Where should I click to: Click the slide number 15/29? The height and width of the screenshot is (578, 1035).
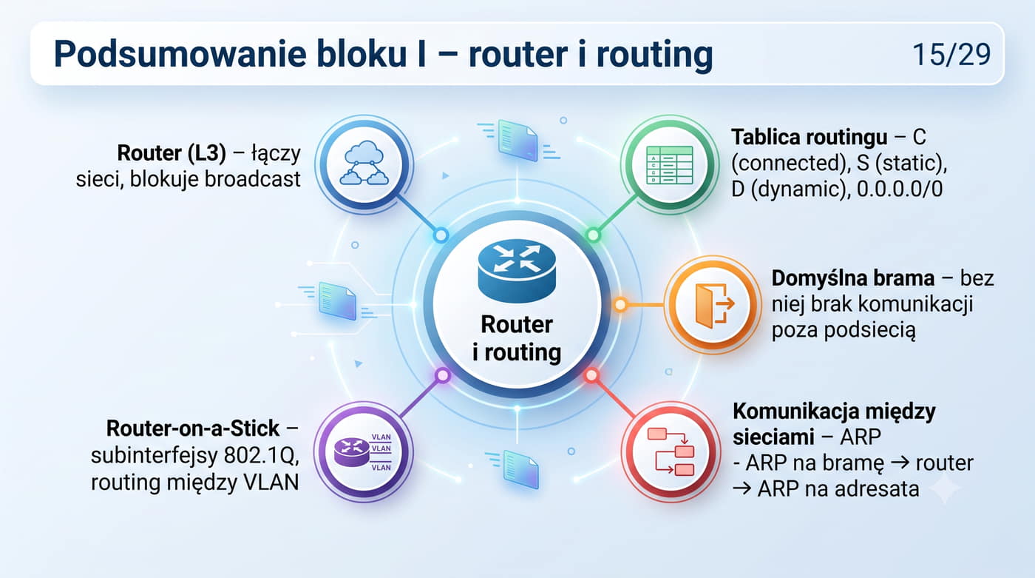[951, 55]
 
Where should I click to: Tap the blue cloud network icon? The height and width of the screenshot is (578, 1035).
[364, 164]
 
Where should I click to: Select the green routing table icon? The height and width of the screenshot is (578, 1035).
[670, 164]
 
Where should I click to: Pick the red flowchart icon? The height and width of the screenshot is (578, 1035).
[671, 451]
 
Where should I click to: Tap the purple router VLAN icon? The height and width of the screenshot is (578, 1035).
[363, 451]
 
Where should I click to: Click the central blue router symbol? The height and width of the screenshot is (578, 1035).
[517, 271]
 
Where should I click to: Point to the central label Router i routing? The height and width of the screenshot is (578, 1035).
[517, 338]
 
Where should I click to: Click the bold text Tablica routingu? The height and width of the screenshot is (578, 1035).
[809, 138]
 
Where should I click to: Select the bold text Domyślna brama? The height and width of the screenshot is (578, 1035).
[853, 278]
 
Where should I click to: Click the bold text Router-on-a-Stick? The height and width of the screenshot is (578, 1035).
[193, 429]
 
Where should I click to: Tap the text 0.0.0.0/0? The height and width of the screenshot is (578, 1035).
[900, 189]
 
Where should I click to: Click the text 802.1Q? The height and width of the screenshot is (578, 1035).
[259, 456]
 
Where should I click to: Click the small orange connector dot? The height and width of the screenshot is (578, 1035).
[620, 304]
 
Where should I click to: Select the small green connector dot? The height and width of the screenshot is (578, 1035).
[593, 235]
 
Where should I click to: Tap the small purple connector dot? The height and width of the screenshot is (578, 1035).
[443, 375]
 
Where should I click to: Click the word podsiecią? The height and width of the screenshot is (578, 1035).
[844, 331]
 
